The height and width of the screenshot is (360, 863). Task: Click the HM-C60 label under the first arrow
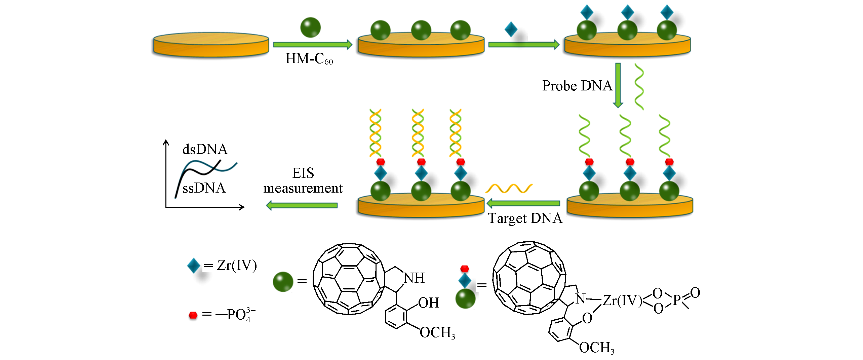click(x=309, y=59)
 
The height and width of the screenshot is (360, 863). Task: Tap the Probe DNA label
click(x=577, y=86)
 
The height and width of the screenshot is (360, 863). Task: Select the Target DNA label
click(x=525, y=218)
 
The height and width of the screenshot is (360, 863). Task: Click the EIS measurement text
click(x=303, y=181)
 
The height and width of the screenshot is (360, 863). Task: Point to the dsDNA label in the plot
click(x=205, y=149)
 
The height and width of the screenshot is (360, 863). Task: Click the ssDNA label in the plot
click(x=204, y=188)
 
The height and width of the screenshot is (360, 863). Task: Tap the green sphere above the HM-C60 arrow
click(x=310, y=27)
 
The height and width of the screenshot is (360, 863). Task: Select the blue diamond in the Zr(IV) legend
click(x=194, y=266)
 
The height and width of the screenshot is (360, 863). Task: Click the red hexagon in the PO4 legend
click(x=193, y=315)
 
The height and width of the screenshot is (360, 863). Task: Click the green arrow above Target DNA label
click(x=523, y=203)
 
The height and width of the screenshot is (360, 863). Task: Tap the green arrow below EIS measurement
click(x=302, y=205)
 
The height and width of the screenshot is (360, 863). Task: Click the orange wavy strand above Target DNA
click(x=509, y=188)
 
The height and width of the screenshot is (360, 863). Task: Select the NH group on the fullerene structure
click(x=414, y=278)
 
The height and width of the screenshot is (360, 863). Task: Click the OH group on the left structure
click(x=429, y=303)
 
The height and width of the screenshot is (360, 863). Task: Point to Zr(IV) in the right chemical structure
click(x=622, y=301)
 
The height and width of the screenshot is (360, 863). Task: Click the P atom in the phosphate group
click(x=676, y=300)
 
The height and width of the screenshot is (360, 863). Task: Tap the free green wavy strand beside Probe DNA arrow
click(x=639, y=87)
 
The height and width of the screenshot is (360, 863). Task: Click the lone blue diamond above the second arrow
click(x=511, y=29)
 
